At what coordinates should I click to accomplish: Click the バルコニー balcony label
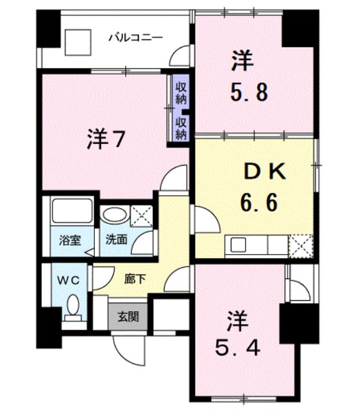pos(136,37)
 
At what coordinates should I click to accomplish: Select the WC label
pos(70,280)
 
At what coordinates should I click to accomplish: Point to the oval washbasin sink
pos(115,215)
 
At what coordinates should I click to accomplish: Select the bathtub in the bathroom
pos(71,211)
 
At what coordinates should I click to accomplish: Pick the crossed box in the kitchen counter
pos(301,246)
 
